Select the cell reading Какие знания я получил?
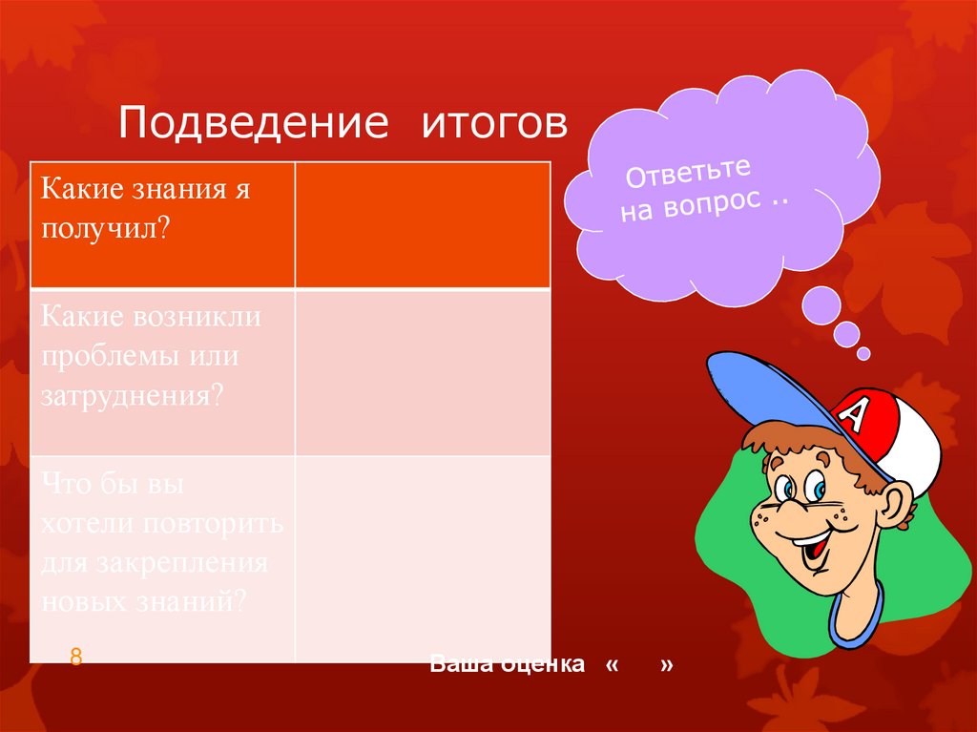[x=162, y=225]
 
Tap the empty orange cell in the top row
[x=422, y=225]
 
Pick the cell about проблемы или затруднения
[x=162, y=372]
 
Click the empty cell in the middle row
[x=422, y=372]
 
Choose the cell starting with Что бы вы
[x=162, y=558]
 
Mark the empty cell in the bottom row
[x=422, y=558]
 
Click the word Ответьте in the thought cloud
[x=688, y=173]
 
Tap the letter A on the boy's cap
[x=856, y=413]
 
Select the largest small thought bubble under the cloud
[x=821, y=304]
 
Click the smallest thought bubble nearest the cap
[x=863, y=353]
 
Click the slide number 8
[x=75, y=657]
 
